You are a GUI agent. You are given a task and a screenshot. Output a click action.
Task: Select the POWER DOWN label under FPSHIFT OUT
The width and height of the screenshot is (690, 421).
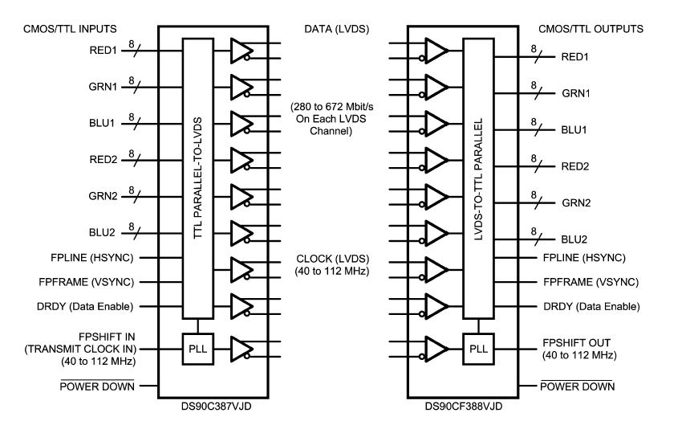(578, 386)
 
